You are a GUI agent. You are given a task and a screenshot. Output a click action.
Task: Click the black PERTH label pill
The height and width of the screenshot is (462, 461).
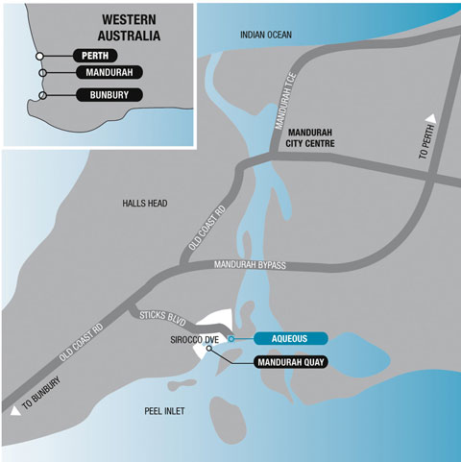[95, 56]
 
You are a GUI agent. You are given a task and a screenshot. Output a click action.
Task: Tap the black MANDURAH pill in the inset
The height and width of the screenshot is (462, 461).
[109, 72]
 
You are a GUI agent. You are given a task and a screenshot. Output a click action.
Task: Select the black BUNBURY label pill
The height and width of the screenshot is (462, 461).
[109, 95]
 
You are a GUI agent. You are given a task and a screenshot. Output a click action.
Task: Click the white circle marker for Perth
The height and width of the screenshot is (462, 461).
[39, 56]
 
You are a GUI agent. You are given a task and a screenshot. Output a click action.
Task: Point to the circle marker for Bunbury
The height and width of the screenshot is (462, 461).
[42, 95]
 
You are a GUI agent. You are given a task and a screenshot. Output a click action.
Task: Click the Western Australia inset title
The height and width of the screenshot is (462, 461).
[129, 28]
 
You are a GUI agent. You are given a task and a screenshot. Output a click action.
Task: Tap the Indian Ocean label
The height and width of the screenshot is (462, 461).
[266, 35]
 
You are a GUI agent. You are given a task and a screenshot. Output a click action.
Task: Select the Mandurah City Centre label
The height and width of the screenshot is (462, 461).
[310, 138]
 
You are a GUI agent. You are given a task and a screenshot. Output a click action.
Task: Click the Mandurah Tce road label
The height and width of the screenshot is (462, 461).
[286, 101]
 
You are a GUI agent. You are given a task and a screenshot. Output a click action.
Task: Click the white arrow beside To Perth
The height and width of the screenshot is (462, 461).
[431, 118]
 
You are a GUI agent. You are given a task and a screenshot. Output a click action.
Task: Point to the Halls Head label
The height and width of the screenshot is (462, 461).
[145, 204]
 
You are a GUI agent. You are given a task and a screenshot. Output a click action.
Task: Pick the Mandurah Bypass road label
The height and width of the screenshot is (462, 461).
[250, 265]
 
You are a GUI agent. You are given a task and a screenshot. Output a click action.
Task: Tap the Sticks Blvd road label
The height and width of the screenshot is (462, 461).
[162, 318]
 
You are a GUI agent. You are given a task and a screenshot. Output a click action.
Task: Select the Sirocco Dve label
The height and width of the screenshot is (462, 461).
[195, 340]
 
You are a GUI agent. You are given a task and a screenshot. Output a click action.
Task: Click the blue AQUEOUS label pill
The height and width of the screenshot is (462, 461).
[291, 338]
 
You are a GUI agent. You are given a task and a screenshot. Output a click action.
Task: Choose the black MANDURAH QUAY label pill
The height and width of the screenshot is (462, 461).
[291, 362]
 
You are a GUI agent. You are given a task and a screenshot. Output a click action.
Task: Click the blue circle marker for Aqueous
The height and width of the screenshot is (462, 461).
[231, 338]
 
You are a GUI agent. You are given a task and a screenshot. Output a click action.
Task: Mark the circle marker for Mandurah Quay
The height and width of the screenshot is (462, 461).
[209, 348]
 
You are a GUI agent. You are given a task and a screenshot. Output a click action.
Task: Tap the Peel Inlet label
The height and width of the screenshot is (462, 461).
[164, 411]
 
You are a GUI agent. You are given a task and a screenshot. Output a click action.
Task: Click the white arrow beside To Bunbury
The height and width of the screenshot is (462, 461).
[15, 411]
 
